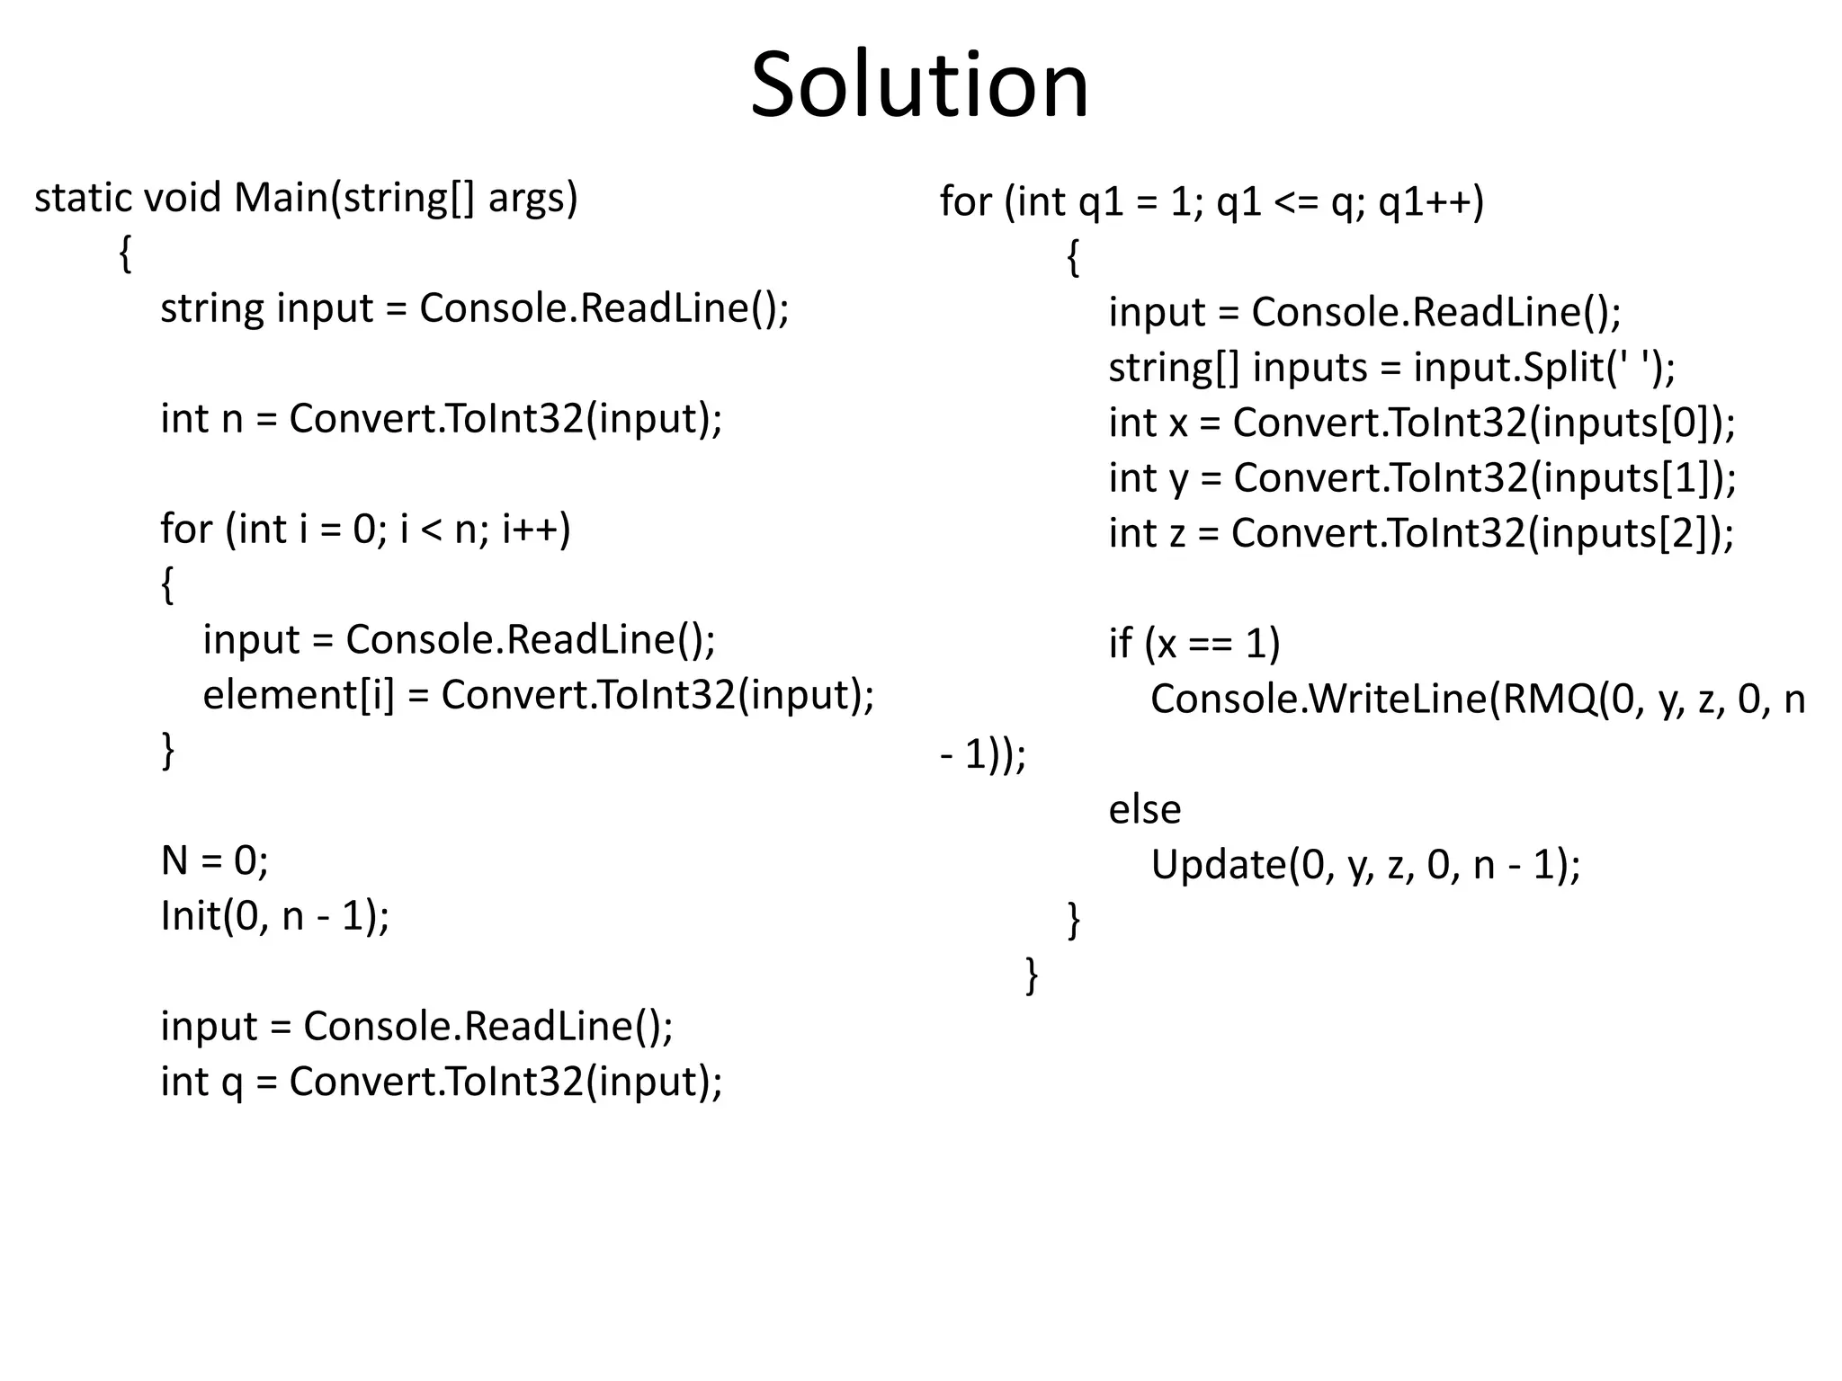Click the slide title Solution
point(919,85)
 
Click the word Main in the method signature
point(282,198)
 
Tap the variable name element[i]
point(299,695)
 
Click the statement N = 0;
point(214,860)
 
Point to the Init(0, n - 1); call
point(274,916)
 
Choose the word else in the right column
point(1144,809)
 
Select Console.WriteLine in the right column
point(1319,699)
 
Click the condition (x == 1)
point(1212,644)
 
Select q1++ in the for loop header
point(1430,201)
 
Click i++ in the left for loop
point(536,529)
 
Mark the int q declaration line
point(441,1082)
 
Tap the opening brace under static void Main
point(126,254)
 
